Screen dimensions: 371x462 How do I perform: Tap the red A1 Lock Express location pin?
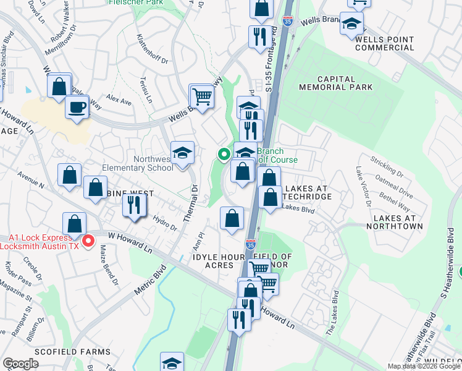pos(88,240)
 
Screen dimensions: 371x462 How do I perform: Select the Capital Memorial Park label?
pos(336,83)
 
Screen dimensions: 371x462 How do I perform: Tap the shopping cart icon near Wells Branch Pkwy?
pos(201,96)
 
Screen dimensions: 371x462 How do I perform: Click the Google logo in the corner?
pos(20,364)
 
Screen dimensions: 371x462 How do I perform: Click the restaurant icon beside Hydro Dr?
pos(134,204)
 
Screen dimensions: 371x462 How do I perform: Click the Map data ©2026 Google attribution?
pos(424,367)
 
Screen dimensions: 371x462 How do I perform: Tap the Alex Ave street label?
pos(119,99)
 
